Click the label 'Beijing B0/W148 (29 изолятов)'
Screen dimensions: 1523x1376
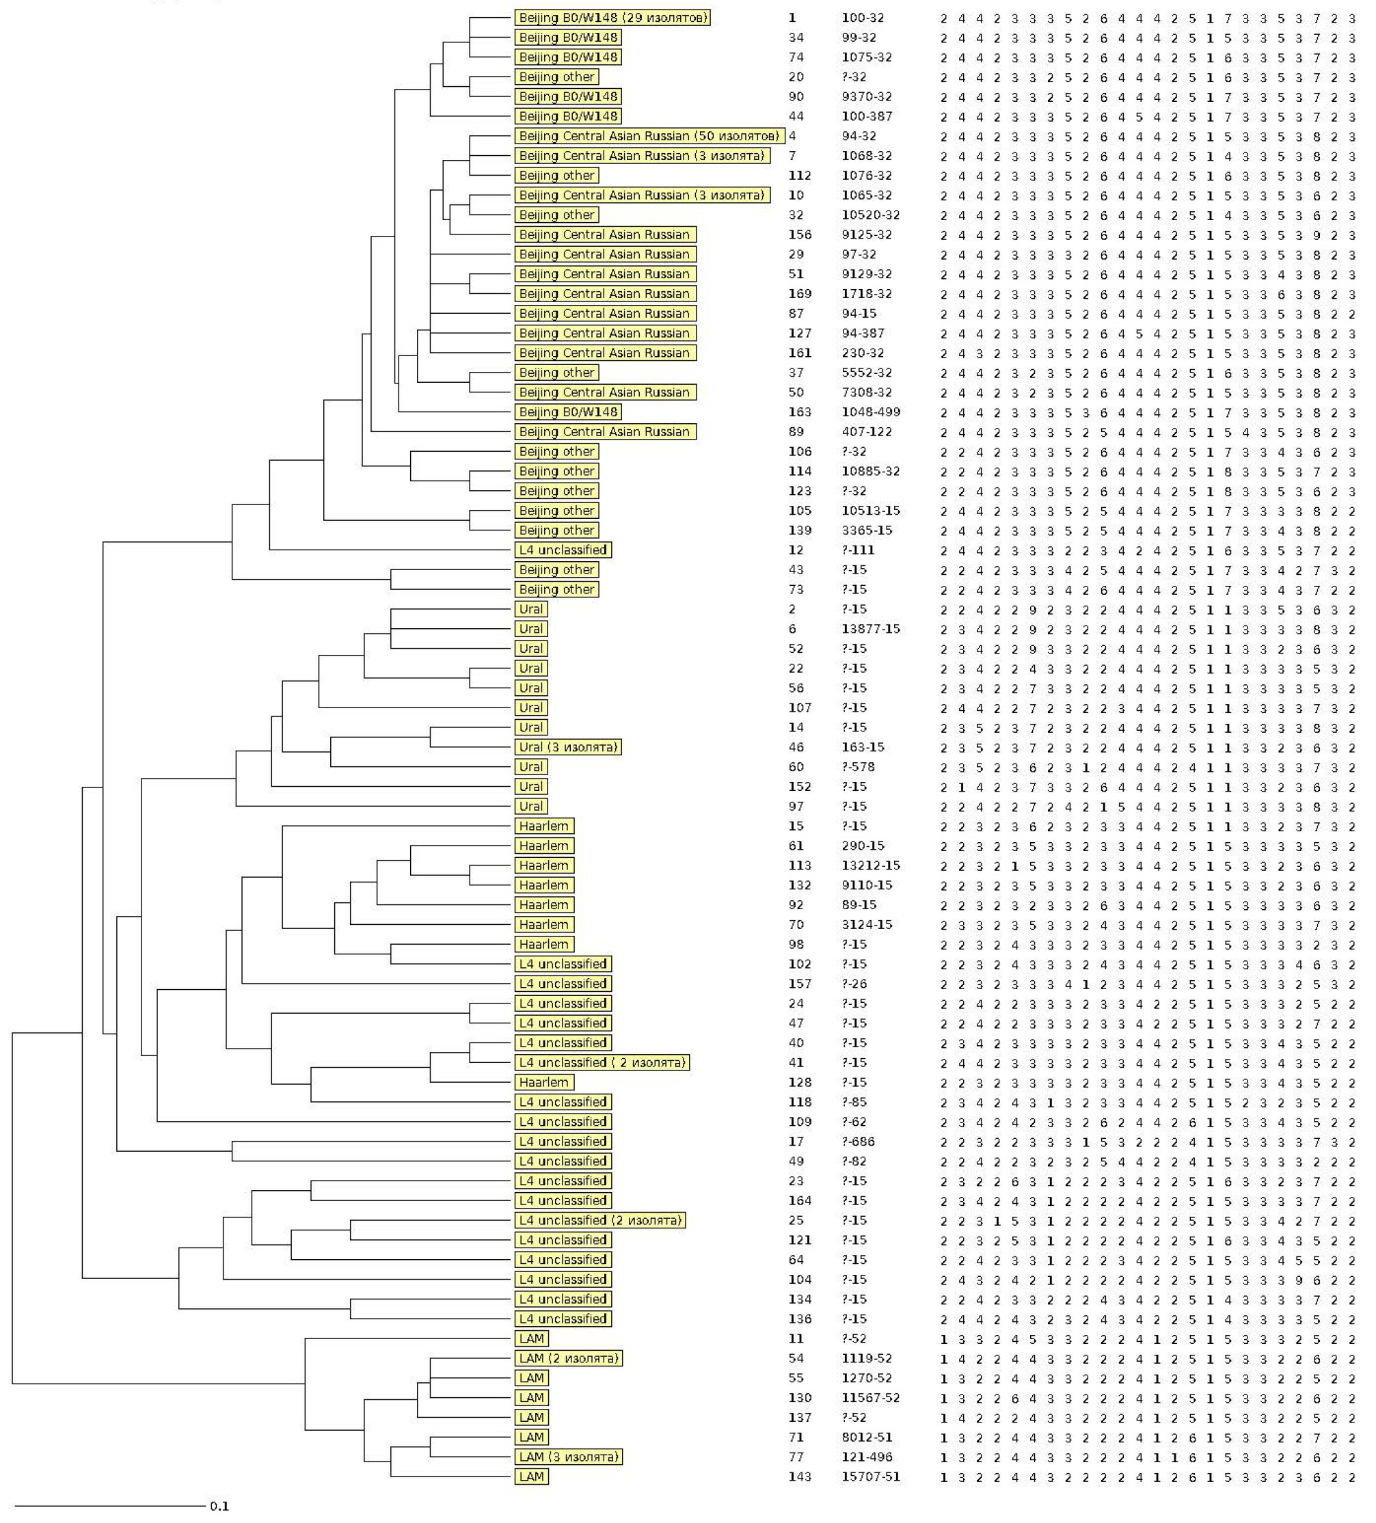[x=612, y=17]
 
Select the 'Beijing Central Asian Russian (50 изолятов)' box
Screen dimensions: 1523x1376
[x=648, y=136]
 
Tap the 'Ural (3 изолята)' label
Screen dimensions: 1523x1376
[x=567, y=747]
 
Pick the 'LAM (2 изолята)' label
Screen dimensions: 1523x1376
[x=568, y=1358]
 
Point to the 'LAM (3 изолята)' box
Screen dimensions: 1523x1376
[x=568, y=1457]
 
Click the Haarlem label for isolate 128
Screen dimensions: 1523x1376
[x=544, y=1083]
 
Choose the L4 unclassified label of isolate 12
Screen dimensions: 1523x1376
[x=563, y=550]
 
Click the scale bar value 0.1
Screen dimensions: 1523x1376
[x=219, y=1507]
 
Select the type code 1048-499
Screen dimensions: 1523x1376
[x=870, y=412]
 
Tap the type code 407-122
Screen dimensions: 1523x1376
[x=867, y=432]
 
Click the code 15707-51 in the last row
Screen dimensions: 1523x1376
[x=870, y=1476]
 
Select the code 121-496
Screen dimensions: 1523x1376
[x=867, y=1457]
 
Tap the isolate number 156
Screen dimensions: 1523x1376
[x=800, y=235]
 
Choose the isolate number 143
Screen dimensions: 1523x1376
[x=800, y=1476]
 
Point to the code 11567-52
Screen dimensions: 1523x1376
[x=870, y=1398]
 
